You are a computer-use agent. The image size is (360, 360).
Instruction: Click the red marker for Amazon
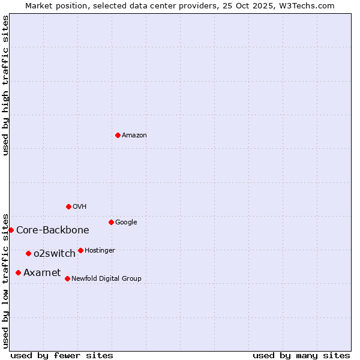(118, 135)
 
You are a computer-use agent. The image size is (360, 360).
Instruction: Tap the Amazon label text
(134, 136)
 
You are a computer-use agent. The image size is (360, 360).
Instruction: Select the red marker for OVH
(68, 206)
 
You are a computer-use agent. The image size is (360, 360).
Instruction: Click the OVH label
(80, 207)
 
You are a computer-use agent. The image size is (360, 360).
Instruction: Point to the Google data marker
(111, 222)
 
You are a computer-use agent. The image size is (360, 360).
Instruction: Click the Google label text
(126, 223)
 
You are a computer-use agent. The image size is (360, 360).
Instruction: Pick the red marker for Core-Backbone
(11, 230)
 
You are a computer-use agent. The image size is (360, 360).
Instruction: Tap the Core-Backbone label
(53, 230)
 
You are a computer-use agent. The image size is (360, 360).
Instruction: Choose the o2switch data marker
(28, 253)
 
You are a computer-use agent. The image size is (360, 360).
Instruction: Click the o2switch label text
(55, 254)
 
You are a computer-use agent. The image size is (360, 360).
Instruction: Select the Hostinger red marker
(80, 250)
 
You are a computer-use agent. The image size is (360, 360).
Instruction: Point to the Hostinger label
(100, 251)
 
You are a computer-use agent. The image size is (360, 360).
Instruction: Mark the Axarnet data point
(18, 272)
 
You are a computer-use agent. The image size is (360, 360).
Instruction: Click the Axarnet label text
(42, 273)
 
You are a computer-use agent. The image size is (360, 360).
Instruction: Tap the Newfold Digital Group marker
(67, 278)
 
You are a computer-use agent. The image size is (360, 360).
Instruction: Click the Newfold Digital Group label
(106, 279)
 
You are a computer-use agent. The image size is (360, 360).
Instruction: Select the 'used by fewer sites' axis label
(62, 355)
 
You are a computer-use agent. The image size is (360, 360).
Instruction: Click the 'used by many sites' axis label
(301, 355)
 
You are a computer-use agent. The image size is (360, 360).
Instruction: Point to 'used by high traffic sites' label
(6, 85)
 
